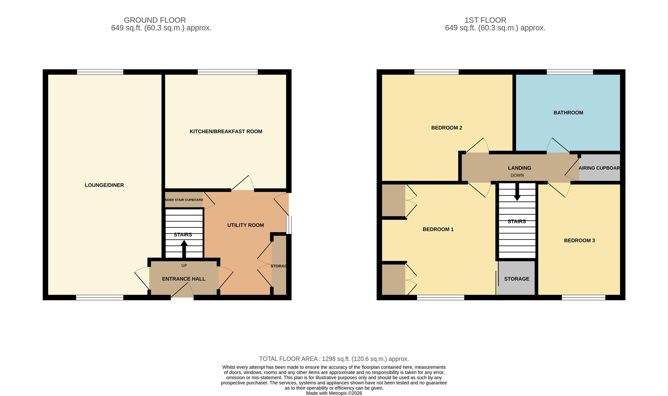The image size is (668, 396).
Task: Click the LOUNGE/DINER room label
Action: click(x=104, y=185)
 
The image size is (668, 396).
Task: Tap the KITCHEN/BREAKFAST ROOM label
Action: click(x=226, y=131)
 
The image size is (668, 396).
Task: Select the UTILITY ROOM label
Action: click(x=245, y=225)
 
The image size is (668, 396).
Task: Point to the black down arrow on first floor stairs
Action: click(x=517, y=192)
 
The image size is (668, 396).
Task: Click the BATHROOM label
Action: click(x=568, y=113)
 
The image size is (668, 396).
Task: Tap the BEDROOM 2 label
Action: click(x=446, y=128)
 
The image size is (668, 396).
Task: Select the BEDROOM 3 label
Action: click(x=579, y=241)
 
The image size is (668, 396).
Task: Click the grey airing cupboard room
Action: click(x=599, y=168)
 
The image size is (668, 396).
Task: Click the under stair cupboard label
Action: click(x=184, y=200)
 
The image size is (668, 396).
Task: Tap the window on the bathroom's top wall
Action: click(x=570, y=72)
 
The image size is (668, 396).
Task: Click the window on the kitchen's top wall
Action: click(x=228, y=72)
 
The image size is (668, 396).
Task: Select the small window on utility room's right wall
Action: click(x=289, y=225)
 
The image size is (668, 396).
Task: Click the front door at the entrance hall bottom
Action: click(x=182, y=292)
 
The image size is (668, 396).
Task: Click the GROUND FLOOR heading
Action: click(x=155, y=20)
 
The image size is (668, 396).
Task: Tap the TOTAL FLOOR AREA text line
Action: click(x=334, y=359)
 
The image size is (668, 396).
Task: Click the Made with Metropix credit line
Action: click(x=334, y=393)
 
